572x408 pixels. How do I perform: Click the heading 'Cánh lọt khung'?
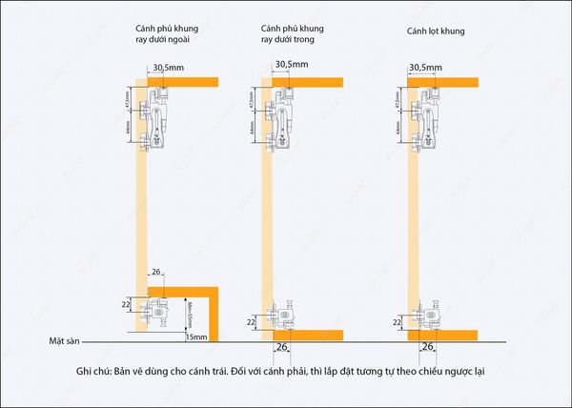click(x=436, y=31)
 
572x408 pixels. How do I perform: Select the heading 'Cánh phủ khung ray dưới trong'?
click(x=297, y=35)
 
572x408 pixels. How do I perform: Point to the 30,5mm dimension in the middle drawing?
click(x=292, y=65)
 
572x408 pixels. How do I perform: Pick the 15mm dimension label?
click(x=196, y=337)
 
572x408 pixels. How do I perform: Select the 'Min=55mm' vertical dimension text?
click(x=190, y=312)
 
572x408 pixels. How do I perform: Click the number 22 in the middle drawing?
click(x=251, y=323)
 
